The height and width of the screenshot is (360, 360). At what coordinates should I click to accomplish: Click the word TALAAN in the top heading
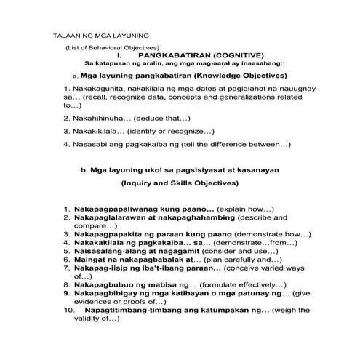tap(68, 35)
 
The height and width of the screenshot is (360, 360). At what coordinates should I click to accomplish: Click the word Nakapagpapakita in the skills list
tap(108, 234)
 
